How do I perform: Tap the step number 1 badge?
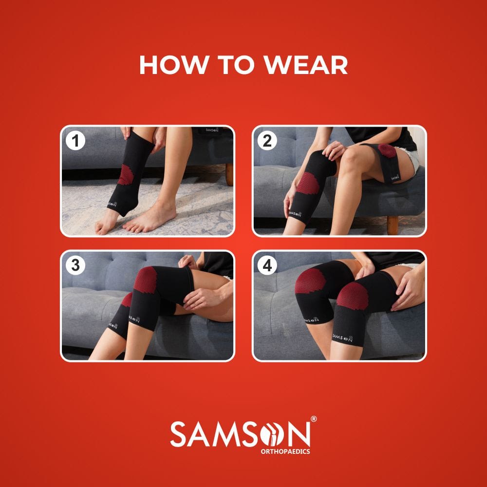(75, 141)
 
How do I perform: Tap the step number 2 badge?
(267, 141)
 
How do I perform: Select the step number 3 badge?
(75, 265)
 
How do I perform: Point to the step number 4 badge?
(267, 265)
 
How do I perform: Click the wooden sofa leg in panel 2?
(393, 225)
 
